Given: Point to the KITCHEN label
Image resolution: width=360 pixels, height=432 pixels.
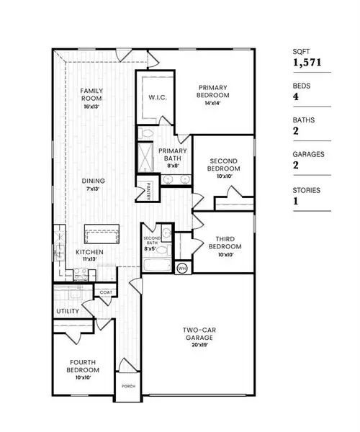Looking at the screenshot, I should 91,252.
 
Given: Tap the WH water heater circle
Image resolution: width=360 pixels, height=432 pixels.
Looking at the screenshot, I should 181,267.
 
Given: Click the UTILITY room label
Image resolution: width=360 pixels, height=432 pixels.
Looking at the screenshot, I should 67,311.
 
